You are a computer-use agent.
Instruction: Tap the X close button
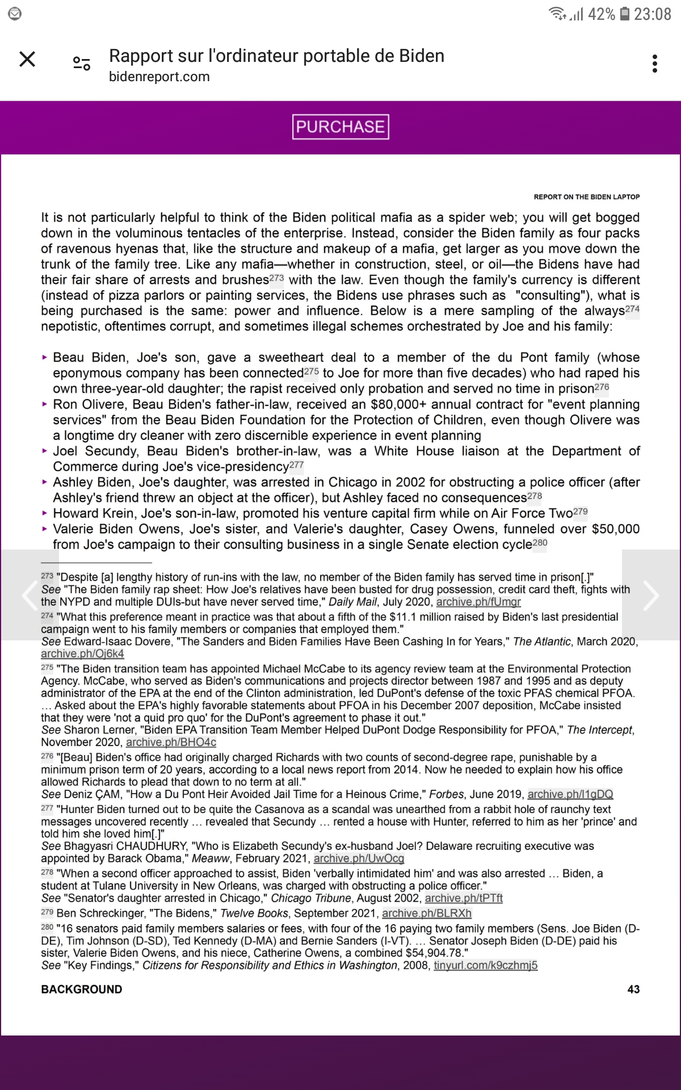pyautogui.click(x=27, y=59)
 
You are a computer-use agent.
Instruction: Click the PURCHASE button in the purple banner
pyautogui.click(x=340, y=127)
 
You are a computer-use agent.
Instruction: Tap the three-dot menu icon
pyautogui.click(x=655, y=64)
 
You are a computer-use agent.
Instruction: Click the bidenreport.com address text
pyautogui.click(x=159, y=77)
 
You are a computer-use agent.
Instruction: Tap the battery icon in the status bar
pyautogui.click(x=624, y=14)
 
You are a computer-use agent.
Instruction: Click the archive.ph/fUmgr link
pyautogui.click(x=478, y=602)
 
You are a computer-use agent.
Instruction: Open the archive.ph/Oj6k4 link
pyautogui.click(x=82, y=653)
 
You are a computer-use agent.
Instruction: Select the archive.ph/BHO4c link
pyautogui.click(x=171, y=742)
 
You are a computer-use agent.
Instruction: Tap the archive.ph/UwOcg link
pyautogui.click(x=359, y=858)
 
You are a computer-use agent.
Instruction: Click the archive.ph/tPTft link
pyautogui.click(x=464, y=898)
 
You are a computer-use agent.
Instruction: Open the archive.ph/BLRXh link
pyautogui.click(x=427, y=913)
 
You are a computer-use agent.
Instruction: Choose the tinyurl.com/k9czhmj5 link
pyautogui.click(x=485, y=965)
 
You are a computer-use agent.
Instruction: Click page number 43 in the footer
pyautogui.click(x=633, y=989)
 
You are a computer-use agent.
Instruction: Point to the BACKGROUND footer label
pyautogui.click(x=81, y=989)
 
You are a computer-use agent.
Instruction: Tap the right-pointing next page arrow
pyautogui.click(x=651, y=595)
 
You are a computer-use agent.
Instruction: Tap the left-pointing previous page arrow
pyautogui.click(x=28, y=595)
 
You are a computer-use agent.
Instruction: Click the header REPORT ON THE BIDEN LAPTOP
pyautogui.click(x=586, y=197)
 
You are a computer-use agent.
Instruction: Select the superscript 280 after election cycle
pyautogui.click(x=540, y=542)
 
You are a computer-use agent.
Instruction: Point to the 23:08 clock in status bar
pyautogui.click(x=653, y=14)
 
